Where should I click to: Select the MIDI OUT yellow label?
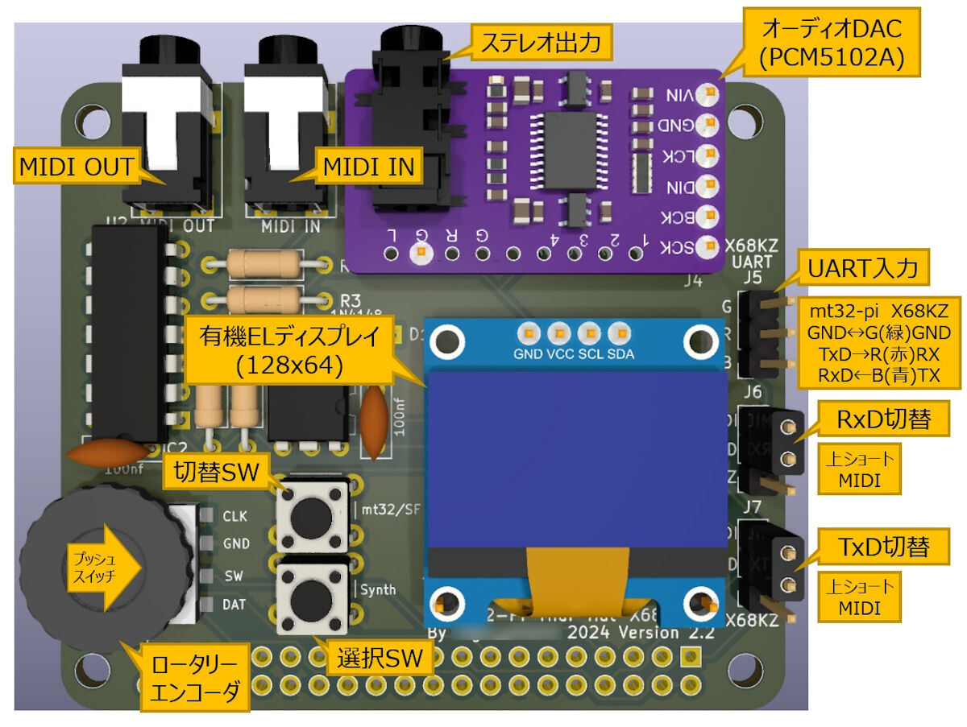point(77,167)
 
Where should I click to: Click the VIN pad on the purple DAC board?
point(708,94)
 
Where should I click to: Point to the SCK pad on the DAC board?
point(708,247)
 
